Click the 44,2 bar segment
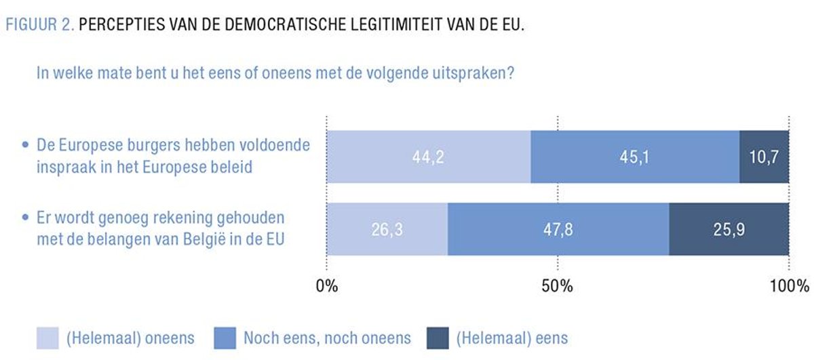[428, 157]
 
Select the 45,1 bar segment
[634, 157]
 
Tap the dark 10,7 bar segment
[764, 157]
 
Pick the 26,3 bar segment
[387, 229]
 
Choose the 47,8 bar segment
[558, 229]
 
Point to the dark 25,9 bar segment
[729, 229]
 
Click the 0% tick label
[327, 285]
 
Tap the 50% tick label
[558, 285]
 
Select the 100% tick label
[789, 285]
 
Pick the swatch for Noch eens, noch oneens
[225, 337]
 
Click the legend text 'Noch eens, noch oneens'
[327, 338]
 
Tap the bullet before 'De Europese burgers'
[26, 146]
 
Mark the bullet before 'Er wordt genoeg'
[26, 219]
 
